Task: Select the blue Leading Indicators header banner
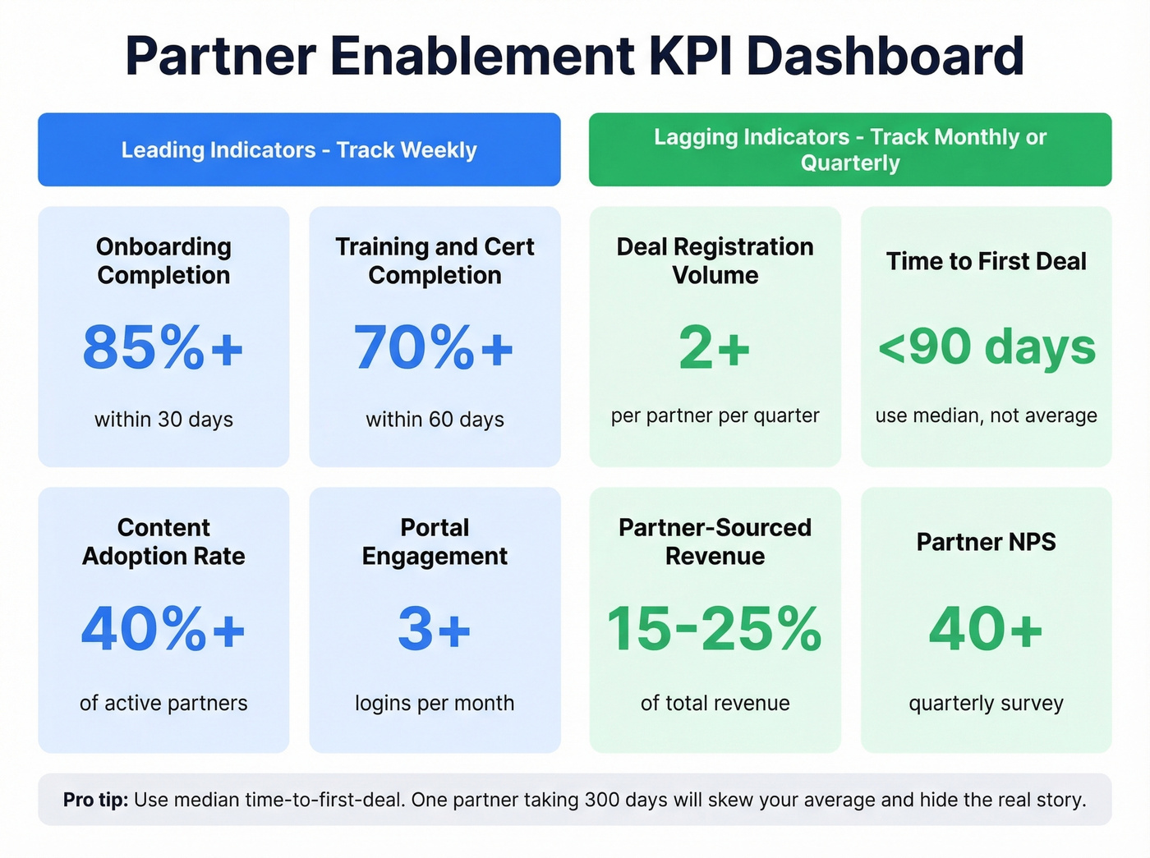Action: (299, 150)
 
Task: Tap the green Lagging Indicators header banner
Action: (850, 150)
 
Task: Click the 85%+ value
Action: (163, 347)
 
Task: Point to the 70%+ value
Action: (435, 347)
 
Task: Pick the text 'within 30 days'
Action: (163, 420)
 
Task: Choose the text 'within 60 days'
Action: (435, 420)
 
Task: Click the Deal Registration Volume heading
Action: (715, 260)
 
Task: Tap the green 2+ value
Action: (715, 347)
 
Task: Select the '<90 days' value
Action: (987, 347)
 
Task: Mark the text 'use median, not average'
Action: (986, 415)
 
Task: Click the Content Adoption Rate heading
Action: (163, 542)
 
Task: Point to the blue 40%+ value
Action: (163, 629)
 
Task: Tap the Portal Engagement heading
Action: (435, 542)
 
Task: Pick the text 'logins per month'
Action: (435, 703)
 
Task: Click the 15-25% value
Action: (715, 629)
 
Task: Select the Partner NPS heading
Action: (986, 542)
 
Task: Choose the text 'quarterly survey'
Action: (986, 703)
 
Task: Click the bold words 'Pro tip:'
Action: (95, 800)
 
